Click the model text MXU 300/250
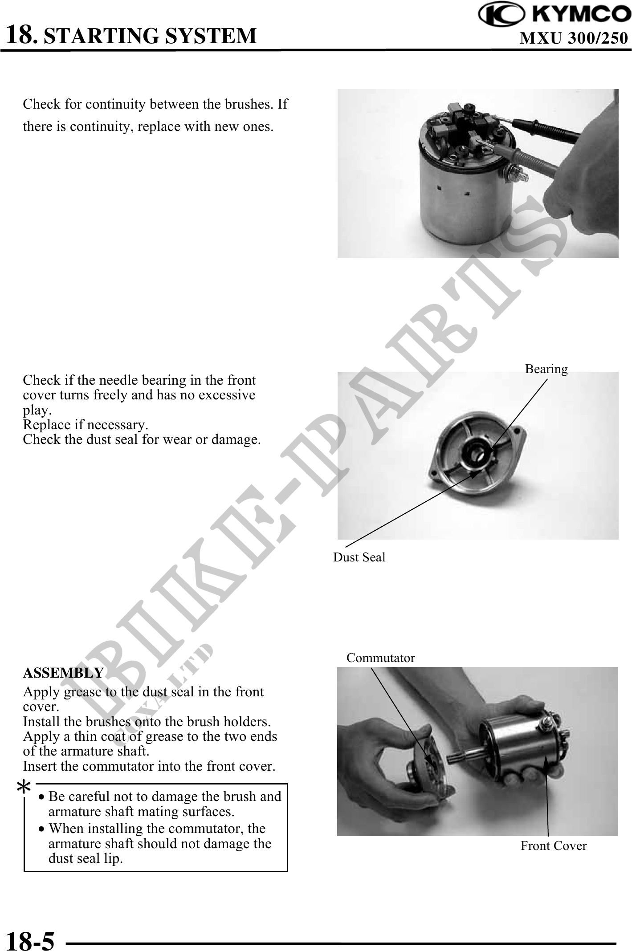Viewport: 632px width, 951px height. pyautogui.click(x=574, y=39)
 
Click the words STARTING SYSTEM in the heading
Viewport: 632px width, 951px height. pyautogui.click(x=151, y=36)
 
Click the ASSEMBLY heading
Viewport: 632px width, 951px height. pyautogui.click(x=63, y=672)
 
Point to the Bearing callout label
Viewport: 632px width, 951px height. pyautogui.click(x=546, y=369)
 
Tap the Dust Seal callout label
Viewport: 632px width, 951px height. pyautogui.click(x=359, y=557)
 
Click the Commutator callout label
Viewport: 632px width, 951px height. pyautogui.click(x=381, y=658)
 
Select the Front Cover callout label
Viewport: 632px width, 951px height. pyautogui.click(x=554, y=846)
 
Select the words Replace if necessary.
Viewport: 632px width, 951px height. pyautogui.click(x=86, y=425)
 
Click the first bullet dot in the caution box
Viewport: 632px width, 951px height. pyautogui.click(x=41, y=797)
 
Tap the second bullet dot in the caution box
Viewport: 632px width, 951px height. pyautogui.click(x=41, y=829)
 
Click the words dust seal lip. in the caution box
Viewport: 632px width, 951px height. pyautogui.click(x=86, y=858)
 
